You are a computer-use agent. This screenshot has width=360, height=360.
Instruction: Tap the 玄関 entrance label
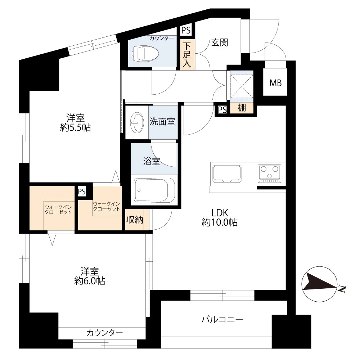point(220,42)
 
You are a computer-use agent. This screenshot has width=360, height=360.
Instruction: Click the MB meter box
point(276,83)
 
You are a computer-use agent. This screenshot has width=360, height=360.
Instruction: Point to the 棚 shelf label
point(242,108)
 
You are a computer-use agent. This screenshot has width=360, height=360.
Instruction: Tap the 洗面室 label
point(162,122)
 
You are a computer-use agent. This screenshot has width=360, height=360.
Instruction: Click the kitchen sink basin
point(227,173)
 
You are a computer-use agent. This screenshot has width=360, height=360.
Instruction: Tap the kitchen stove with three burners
point(269,172)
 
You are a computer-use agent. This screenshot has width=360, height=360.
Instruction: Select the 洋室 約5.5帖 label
point(76,122)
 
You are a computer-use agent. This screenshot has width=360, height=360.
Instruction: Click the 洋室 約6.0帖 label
point(90,276)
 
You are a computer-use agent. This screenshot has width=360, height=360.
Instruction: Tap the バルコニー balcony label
point(222,319)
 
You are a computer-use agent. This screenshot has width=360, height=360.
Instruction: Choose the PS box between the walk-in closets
point(82,191)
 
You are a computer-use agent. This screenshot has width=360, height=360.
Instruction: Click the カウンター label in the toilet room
point(162,38)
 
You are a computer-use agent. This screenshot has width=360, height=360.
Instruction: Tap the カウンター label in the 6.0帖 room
point(105,333)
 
